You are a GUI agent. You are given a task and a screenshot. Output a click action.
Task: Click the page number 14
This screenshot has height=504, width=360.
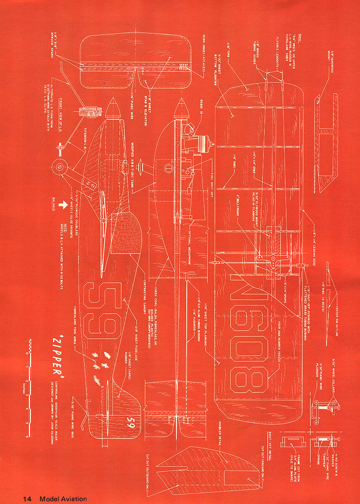coord(27,498)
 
